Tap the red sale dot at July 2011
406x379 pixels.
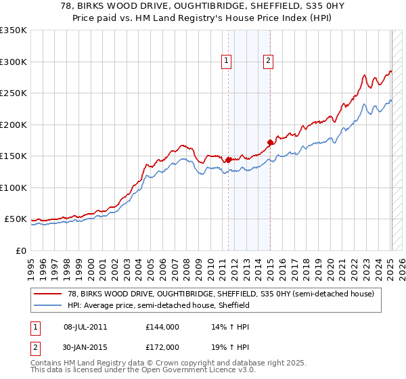[228, 160]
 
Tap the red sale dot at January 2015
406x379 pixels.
[270, 142]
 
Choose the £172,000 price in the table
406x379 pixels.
[162, 347]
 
